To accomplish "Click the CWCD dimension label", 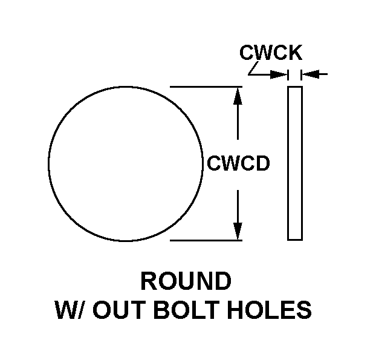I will [x=238, y=163].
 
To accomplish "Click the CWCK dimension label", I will [x=271, y=53].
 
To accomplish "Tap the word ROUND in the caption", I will [x=186, y=281].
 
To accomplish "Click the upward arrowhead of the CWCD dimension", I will [x=238, y=94].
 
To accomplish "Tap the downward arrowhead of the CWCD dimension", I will [x=238, y=232].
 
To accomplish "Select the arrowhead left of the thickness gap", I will [x=280, y=74].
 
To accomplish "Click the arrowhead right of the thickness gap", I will [x=309, y=74].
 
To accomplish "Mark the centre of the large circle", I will [x=126, y=164].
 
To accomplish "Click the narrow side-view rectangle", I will [x=295, y=163].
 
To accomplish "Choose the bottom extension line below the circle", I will [x=206, y=240].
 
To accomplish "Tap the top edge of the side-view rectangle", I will [x=295, y=87].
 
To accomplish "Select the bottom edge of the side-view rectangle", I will [x=295, y=240].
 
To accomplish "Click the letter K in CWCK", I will [x=294, y=53].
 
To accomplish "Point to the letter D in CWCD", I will [x=262, y=163].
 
